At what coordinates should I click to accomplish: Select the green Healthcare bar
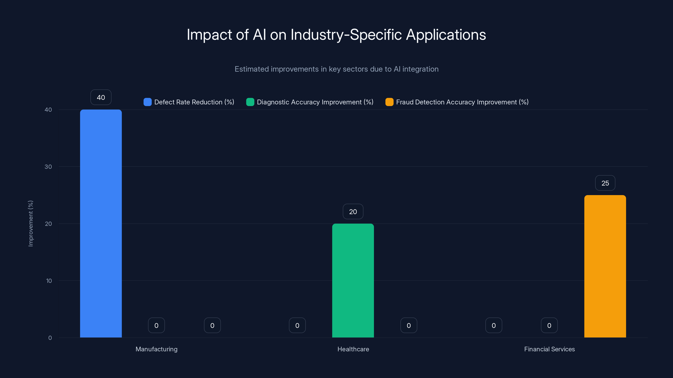coord(353,280)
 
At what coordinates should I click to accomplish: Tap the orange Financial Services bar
coord(605,266)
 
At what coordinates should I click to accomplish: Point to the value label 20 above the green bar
coord(353,211)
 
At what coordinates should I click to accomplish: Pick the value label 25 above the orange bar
coord(605,183)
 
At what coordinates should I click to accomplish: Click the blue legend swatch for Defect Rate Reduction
coord(148,102)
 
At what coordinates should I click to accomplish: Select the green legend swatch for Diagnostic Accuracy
coord(250,102)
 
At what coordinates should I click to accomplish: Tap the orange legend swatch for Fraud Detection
coord(389,102)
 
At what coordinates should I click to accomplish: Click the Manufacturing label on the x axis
coord(156,349)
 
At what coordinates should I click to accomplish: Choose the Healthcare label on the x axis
coord(353,349)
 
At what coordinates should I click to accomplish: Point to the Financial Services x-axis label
coord(549,349)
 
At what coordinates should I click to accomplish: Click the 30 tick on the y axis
coord(48,167)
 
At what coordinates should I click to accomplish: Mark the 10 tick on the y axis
coord(49,281)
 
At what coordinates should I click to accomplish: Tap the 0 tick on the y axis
coord(50,338)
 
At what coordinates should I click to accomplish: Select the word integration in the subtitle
coord(420,69)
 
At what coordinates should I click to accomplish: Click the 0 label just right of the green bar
coord(409,325)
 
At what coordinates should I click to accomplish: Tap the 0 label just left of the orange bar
coord(549,325)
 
